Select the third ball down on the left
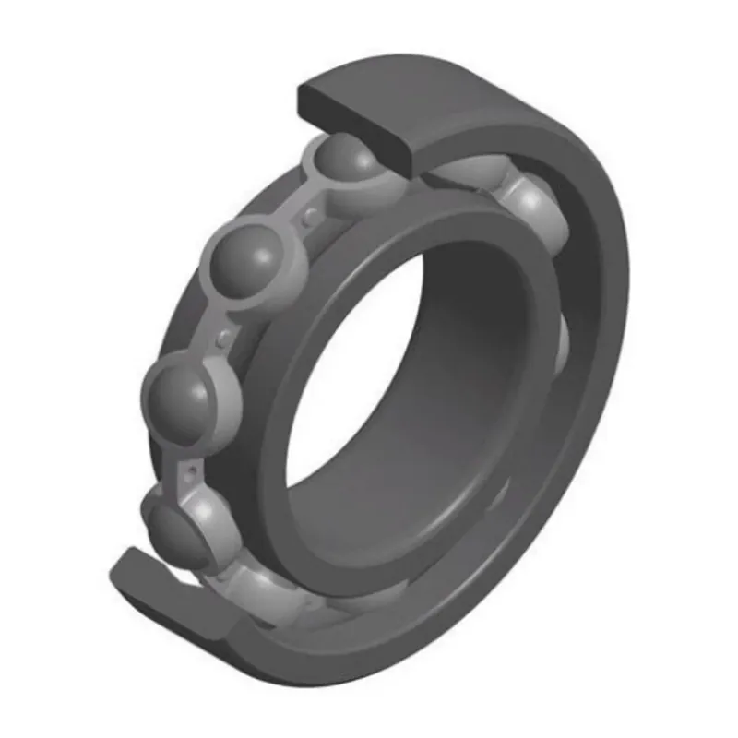[180, 396]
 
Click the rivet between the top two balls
[309, 216]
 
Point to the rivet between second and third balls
[221, 338]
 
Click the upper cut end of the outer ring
[360, 111]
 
